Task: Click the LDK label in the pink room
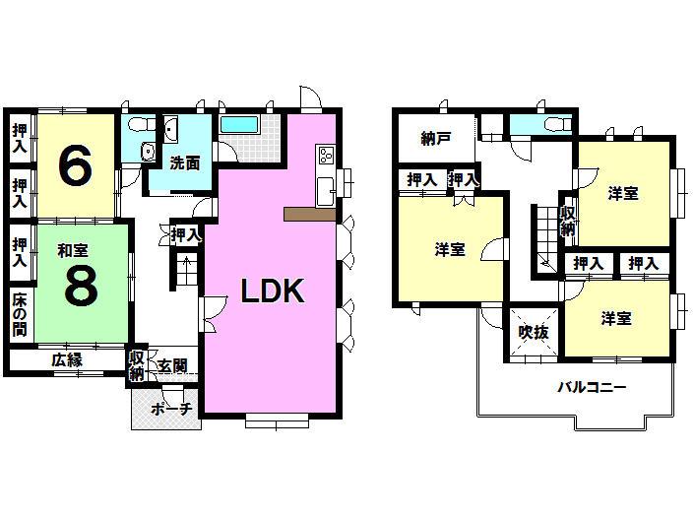pos(275,291)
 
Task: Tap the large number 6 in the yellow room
pos(76,164)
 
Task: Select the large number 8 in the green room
pos(80,285)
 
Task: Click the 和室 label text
pos(73,251)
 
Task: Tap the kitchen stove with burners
pos(326,155)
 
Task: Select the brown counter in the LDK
pos(308,214)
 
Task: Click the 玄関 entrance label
pos(173,366)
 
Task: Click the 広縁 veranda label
pos(68,360)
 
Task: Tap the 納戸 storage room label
pos(434,139)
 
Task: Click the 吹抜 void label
pos(534,332)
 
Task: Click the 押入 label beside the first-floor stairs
pos(185,234)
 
